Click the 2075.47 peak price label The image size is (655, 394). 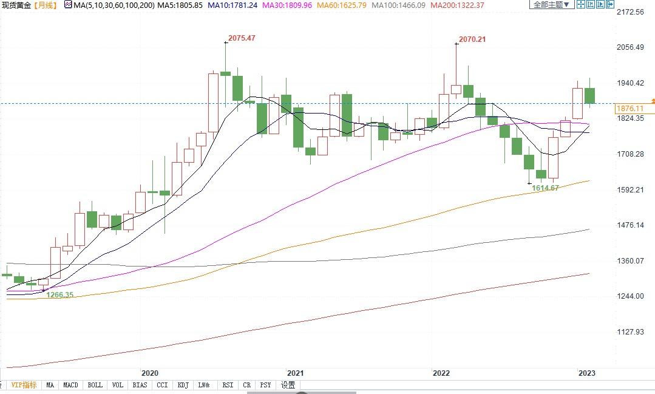pos(242,38)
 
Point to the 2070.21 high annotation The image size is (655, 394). pos(472,39)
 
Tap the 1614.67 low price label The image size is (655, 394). pos(545,188)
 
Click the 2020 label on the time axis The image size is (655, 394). pos(149,373)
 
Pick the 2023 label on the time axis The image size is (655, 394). pos(586,373)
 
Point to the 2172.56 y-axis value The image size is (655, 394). pos(630,12)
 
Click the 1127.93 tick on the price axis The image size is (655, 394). pos(630,331)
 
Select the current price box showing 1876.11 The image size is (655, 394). pos(633,109)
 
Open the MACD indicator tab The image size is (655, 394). pos(70,385)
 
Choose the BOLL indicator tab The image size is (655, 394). pos(95,385)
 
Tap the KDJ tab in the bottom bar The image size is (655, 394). pos(183,385)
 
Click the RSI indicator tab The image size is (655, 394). pos(228,385)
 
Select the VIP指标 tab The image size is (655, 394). pos(24,385)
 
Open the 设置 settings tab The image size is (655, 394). pos(288,385)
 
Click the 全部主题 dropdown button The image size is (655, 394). pos(551,5)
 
